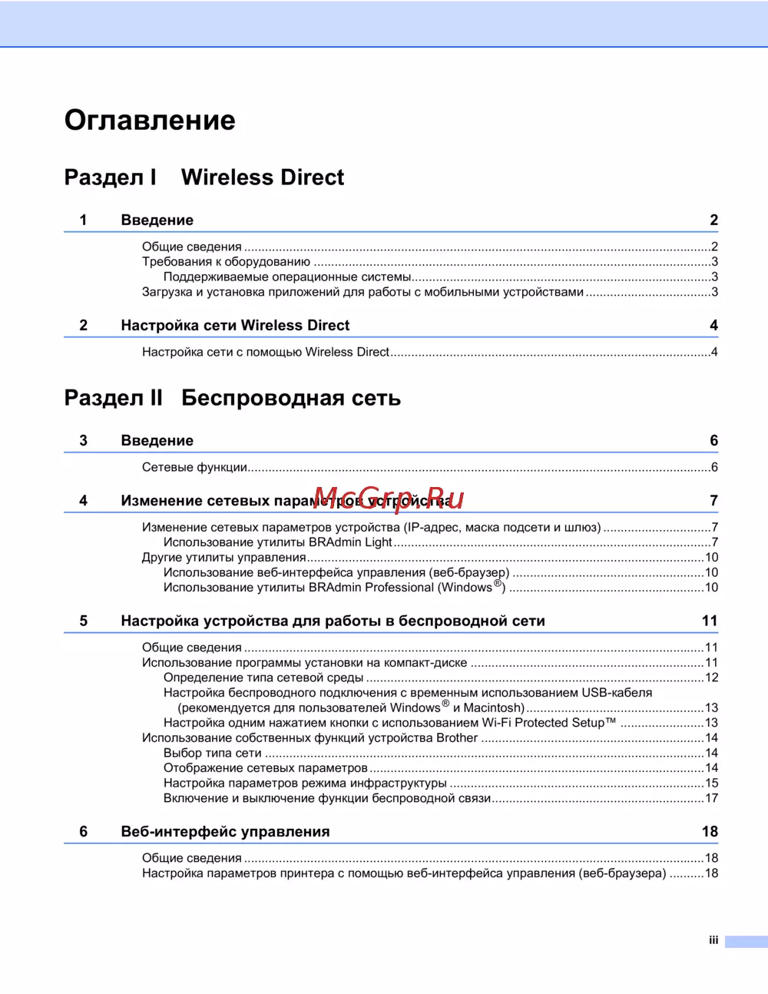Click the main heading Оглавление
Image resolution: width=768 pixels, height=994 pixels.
coord(150,121)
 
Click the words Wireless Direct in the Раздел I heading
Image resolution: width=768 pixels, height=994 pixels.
coord(263,177)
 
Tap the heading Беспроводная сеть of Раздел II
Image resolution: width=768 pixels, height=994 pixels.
coord(291,398)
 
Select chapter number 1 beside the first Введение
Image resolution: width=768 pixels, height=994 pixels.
coord(84,220)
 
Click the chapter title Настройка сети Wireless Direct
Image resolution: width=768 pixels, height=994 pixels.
coord(235,326)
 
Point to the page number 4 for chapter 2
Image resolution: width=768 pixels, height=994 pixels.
coord(713,326)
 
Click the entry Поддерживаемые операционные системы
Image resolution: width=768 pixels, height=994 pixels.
coord(287,277)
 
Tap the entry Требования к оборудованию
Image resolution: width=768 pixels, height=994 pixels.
coord(226,262)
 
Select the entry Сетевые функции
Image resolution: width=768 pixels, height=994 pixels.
coord(194,468)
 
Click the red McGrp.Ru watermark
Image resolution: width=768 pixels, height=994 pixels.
coord(389,499)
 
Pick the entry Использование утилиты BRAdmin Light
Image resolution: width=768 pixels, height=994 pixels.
coord(277,542)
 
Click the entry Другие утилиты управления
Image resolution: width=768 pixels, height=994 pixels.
coord(223,558)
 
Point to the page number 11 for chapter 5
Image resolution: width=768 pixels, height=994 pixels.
coord(709,621)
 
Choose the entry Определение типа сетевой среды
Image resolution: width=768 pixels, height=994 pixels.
coord(263,678)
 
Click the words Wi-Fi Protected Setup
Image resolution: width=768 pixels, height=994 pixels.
coord(548,723)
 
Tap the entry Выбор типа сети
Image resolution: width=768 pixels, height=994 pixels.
coord(212,754)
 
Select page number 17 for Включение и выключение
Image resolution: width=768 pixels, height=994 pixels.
coord(711,799)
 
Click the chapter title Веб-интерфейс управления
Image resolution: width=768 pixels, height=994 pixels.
coord(225,832)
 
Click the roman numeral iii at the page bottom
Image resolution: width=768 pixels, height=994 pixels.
coord(713,941)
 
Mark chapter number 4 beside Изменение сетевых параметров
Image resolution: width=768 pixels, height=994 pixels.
coord(84,501)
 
